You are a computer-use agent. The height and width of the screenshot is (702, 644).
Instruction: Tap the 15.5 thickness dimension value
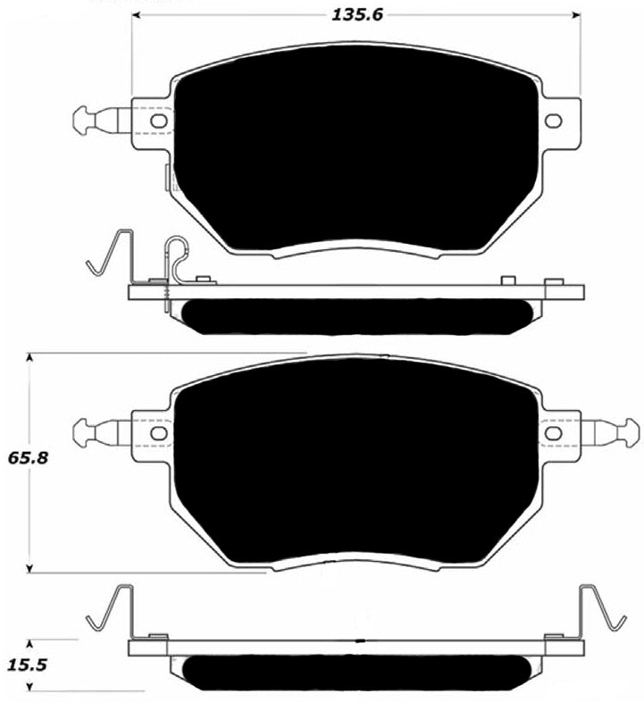[27, 665]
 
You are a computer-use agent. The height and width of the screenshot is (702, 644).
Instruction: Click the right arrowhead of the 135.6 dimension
[576, 14]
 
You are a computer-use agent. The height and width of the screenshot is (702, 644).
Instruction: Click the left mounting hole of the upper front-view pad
[158, 121]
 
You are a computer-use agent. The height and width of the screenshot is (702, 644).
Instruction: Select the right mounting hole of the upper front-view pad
[554, 121]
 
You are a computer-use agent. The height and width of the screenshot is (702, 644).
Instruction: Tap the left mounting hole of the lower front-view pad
[158, 433]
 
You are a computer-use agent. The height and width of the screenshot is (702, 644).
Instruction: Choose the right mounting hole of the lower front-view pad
[554, 433]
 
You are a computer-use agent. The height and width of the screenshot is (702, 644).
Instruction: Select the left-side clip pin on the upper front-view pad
[93, 119]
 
